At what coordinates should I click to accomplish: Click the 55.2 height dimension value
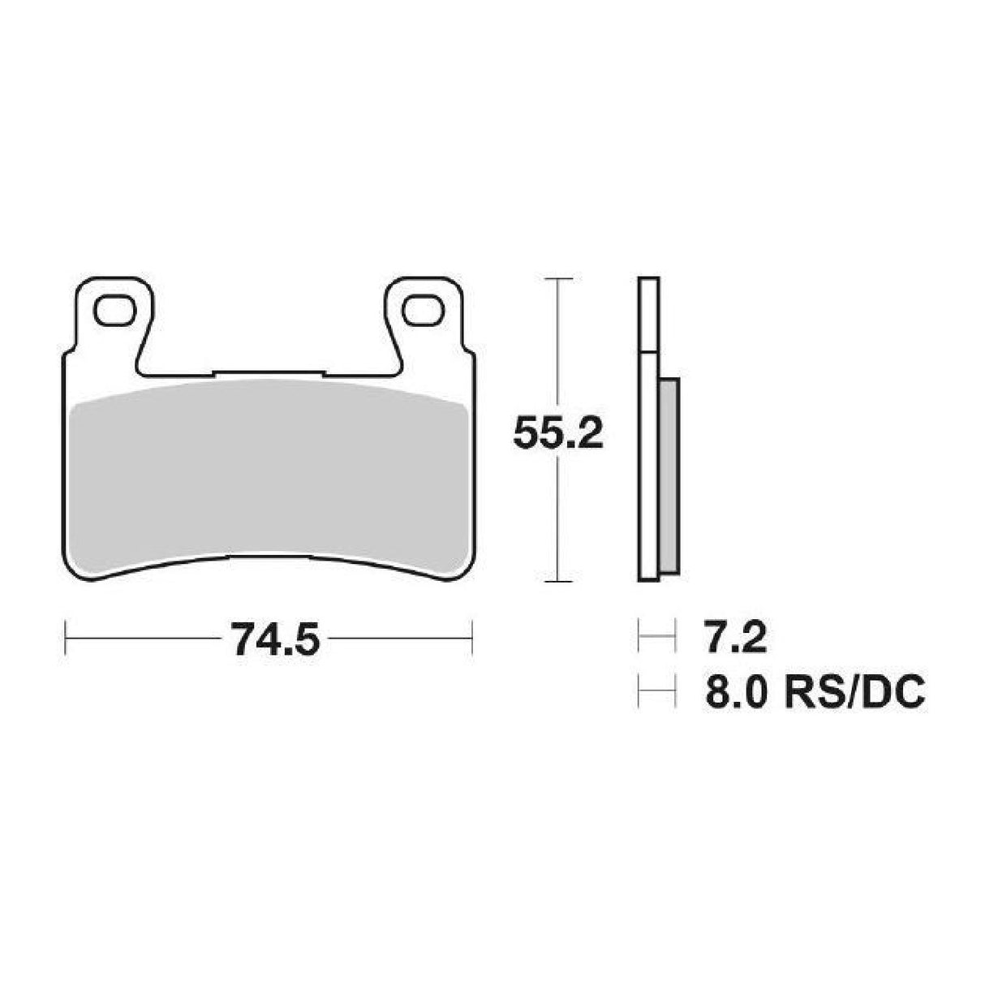pos(557,436)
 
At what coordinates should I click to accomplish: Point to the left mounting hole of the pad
pos(113,308)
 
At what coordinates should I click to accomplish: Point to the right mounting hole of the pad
pos(422,308)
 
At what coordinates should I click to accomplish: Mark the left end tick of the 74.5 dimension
pos(65,639)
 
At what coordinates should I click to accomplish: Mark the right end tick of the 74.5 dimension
pos(472,639)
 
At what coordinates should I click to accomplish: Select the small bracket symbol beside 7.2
pos(656,639)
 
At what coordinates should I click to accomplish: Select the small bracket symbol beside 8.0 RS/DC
pos(656,694)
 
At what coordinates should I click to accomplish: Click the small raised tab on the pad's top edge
pos(267,375)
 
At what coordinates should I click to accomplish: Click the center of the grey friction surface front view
pos(267,475)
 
